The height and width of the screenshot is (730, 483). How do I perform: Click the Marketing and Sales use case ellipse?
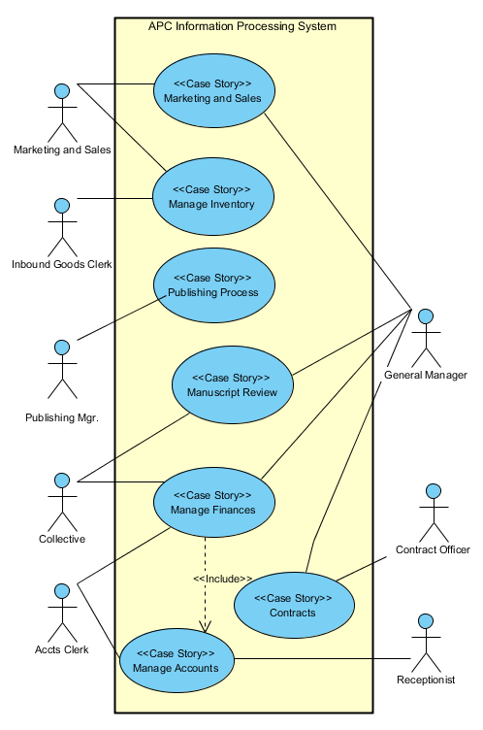[213, 91]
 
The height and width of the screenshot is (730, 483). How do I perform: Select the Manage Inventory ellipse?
[213, 197]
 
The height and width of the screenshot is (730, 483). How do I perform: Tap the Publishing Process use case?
[213, 284]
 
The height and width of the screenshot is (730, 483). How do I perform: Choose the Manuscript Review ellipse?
[232, 384]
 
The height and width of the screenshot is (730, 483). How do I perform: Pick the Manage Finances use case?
[213, 502]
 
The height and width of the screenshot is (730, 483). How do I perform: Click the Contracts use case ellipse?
[293, 605]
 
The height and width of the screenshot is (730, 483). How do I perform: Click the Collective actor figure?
[62, 501]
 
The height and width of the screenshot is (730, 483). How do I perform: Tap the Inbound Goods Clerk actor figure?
[62, 227]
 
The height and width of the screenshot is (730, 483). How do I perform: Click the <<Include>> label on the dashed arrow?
[222, 580]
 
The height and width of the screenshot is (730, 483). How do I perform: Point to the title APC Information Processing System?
[242, 27]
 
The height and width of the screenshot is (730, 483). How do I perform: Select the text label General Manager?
[426, 375]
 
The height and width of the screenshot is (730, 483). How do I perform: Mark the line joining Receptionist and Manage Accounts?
[320, 658]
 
